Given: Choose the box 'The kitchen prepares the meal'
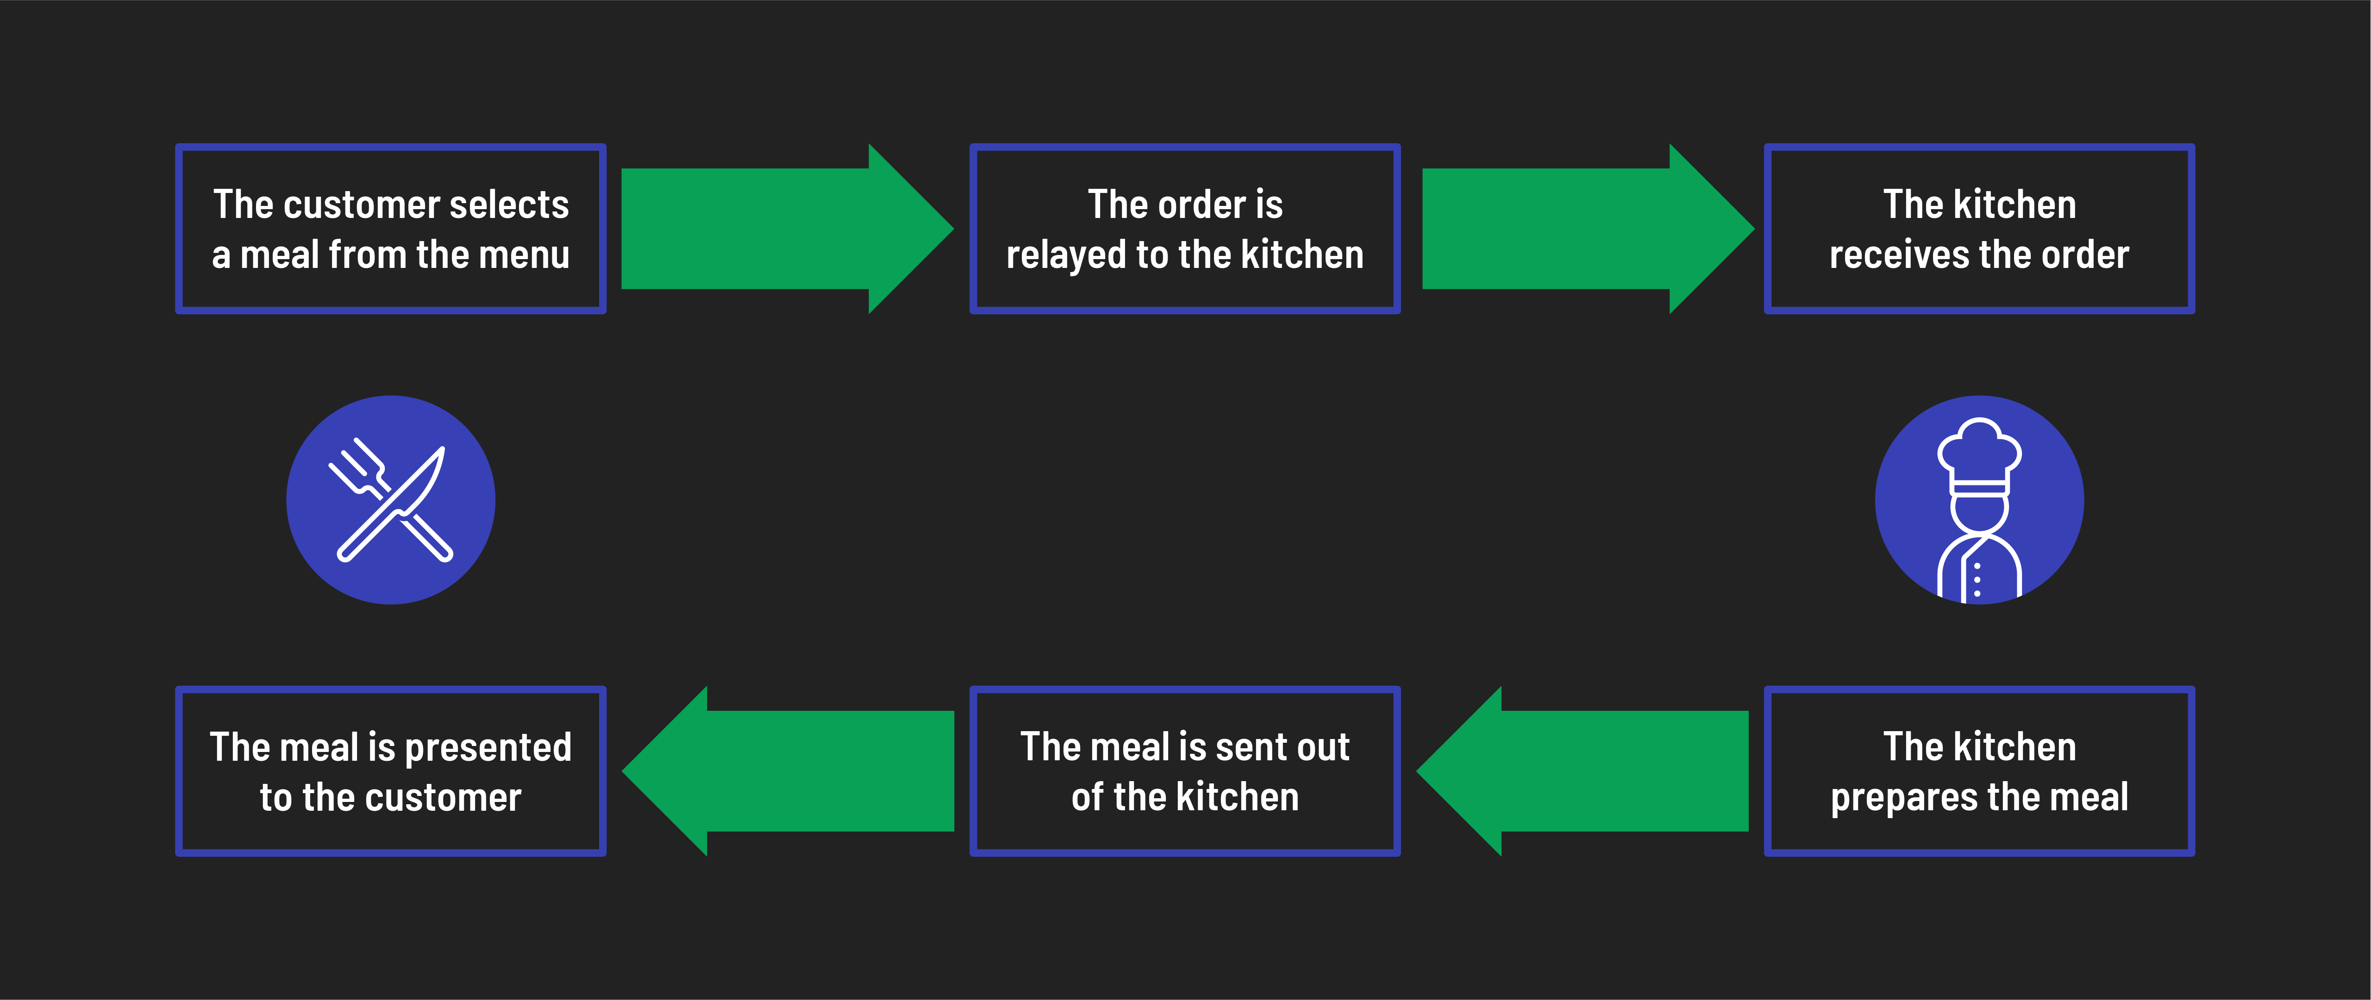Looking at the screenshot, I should tap(1979, 771).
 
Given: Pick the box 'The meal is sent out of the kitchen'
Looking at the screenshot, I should tap(1185, 771).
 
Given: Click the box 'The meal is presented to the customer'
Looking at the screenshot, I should tap(390, 771).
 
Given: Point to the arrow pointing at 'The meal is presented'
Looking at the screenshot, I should tap(792, 771).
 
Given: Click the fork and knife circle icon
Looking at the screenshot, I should tap(390, 500).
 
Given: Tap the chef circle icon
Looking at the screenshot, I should tap(1979, 500).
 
